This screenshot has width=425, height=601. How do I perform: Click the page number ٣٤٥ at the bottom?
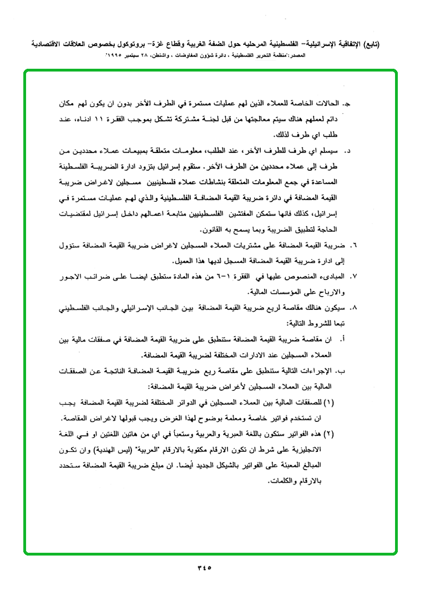(x=205, y=567)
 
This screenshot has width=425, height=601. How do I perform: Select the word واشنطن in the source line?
(x=179, y=57)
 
